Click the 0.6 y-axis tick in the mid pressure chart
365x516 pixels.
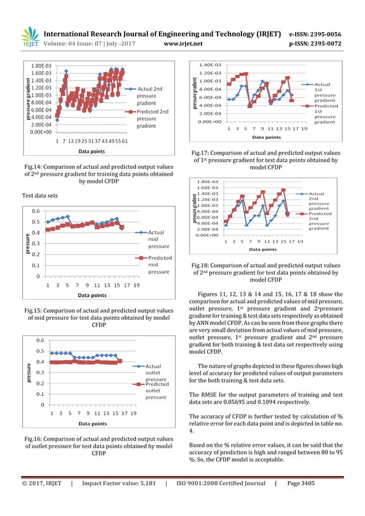pyautogui.click(x=35, y=211)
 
